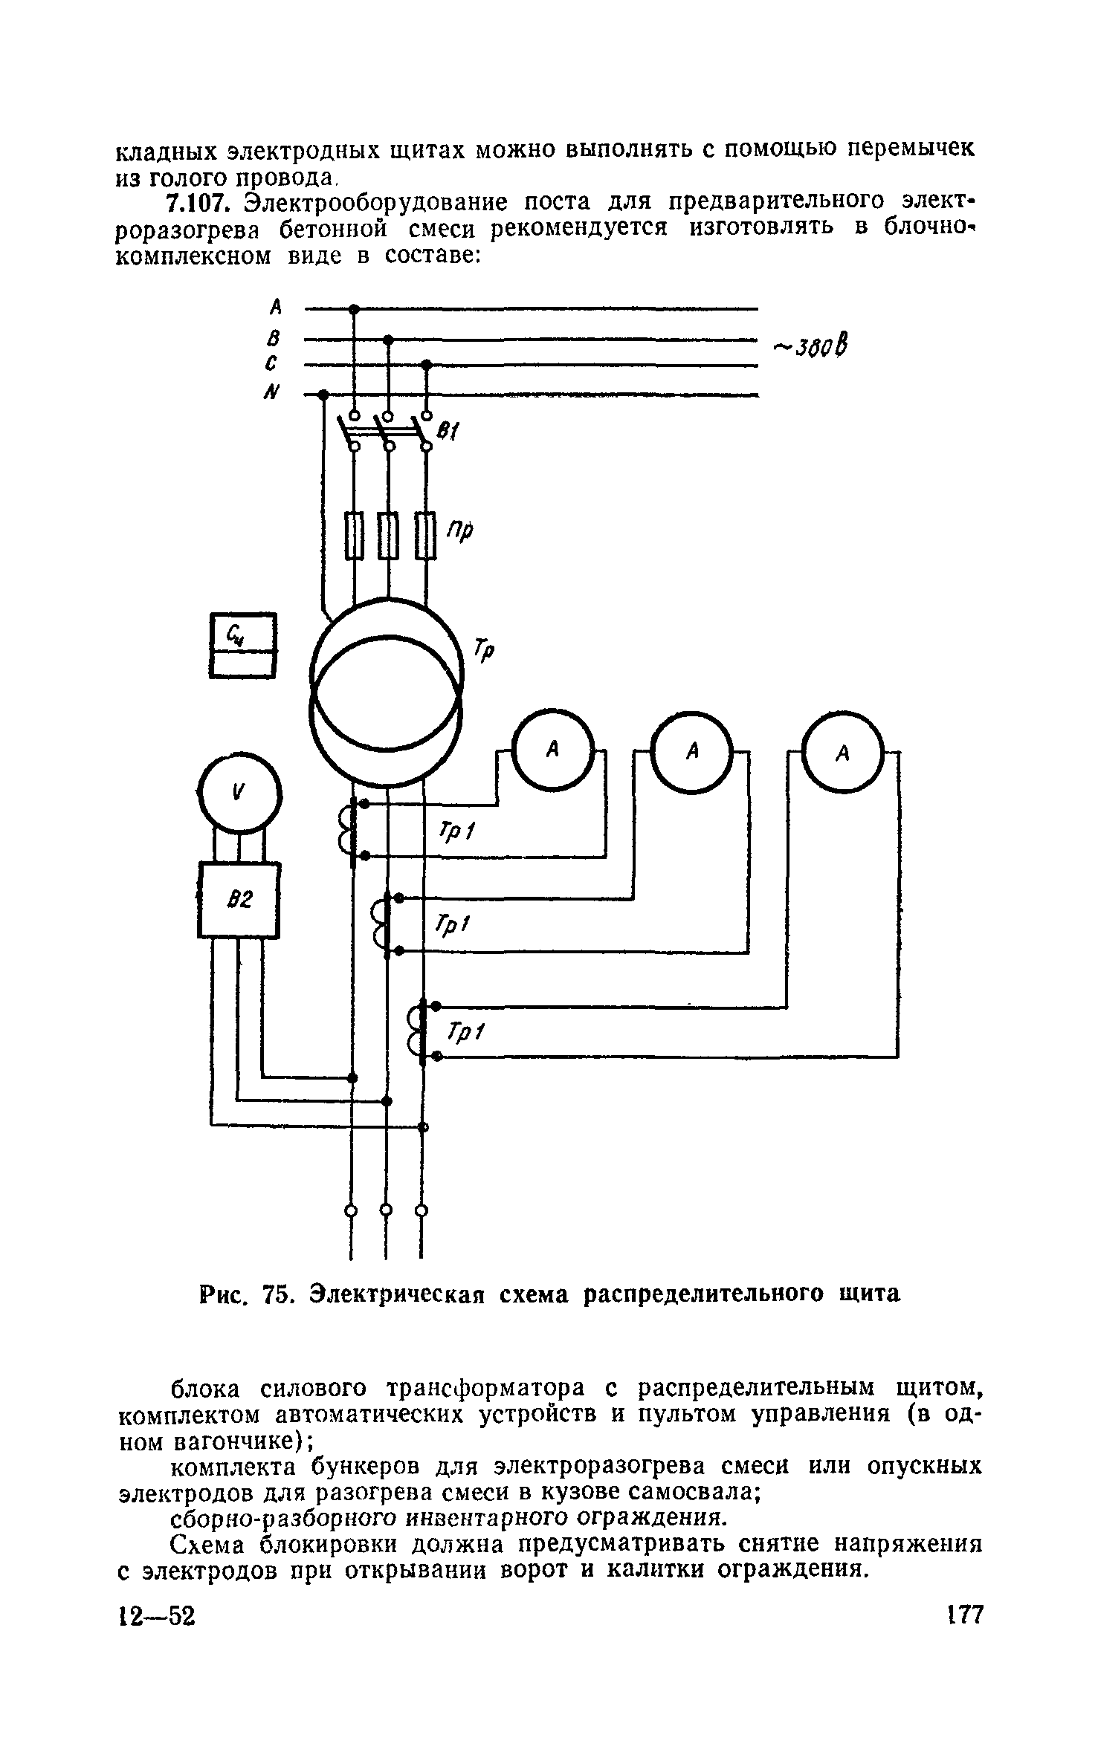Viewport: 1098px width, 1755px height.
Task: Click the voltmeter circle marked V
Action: pos(240,792)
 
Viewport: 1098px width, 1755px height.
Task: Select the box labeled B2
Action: pos(239,900)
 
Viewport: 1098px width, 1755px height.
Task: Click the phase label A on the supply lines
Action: pos(276,306)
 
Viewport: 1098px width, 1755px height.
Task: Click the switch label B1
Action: pos(448,431)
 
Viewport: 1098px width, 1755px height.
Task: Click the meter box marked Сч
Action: pos(242,645)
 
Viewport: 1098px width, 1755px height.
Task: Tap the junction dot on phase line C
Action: pos(426,365)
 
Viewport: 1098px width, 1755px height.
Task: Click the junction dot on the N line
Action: pos(323,395)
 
